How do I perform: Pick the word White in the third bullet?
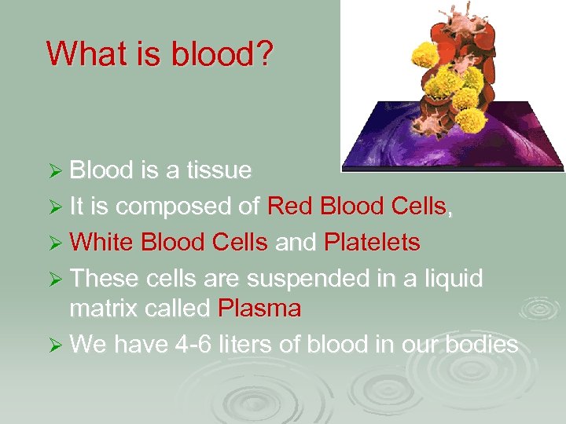[102, 243]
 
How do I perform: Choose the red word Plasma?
[259, 309]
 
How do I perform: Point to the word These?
[102, 280]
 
